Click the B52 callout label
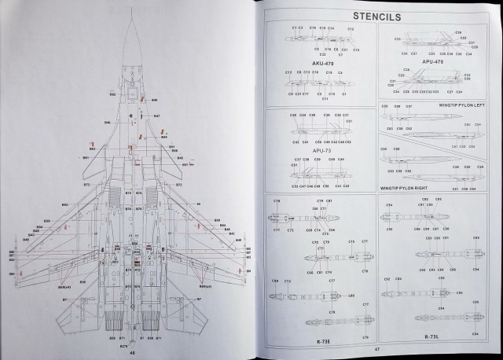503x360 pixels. coord(112,95)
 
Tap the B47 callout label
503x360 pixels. coord(156,116)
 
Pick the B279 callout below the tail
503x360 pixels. coord(123,345)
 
